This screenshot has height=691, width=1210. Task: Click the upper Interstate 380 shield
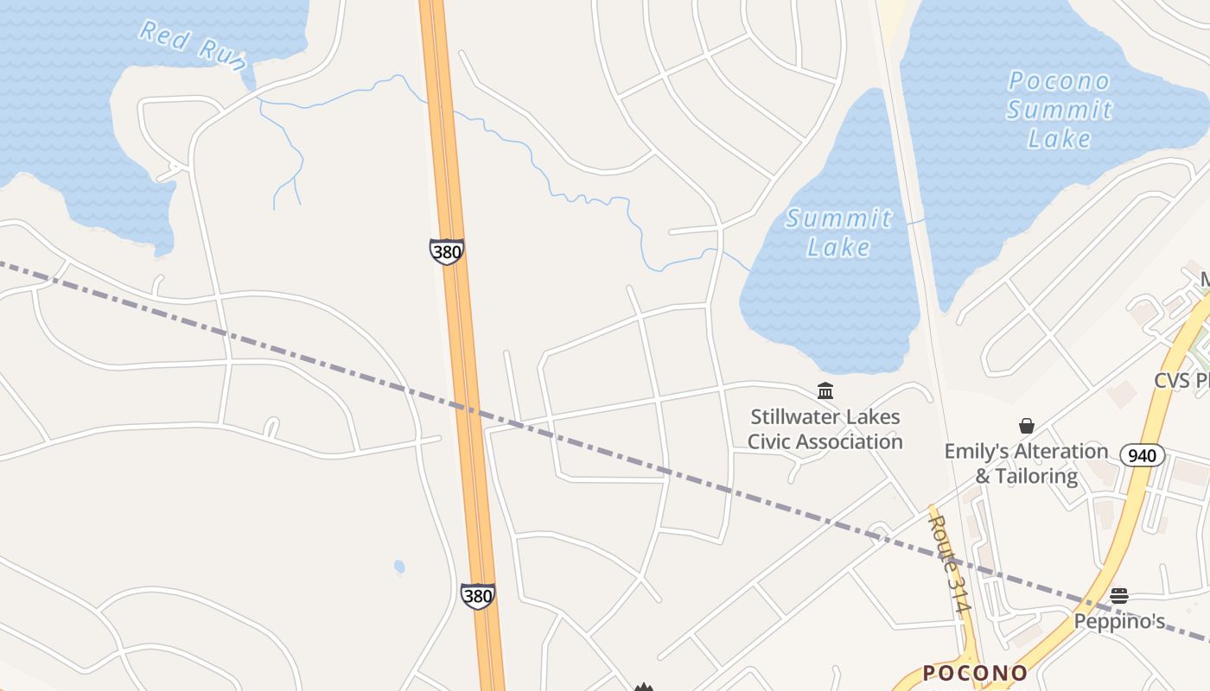tap(446, 251)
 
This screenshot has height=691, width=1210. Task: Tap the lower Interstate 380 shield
tap(477, 595)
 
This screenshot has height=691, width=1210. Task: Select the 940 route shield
tap(1142, 454)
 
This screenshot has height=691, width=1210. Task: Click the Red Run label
tap(193, 45)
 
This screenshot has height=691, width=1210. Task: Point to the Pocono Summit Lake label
tap(1060, 110)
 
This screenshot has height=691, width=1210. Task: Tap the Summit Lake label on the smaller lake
tap(838, 232)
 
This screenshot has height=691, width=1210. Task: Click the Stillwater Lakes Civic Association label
tap(825, 429)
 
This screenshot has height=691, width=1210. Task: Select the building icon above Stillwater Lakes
tap(825, 391)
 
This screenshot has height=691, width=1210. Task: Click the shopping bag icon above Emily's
tap(1027, 426)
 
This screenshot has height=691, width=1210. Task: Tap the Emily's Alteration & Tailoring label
tap(1026, 464)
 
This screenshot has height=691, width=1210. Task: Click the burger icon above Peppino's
tap(1119, 595)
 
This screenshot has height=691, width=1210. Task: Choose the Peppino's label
tap(1119, 622)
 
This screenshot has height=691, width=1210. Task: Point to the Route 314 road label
tap(948, 564)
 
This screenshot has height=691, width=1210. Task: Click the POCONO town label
tap(975, 673)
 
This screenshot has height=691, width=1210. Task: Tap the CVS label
tap(1181, 381)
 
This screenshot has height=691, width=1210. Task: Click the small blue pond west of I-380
tap(399, 567)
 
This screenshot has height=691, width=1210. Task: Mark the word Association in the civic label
tap(850, 442)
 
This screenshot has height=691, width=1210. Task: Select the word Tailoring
tap(1035, 476)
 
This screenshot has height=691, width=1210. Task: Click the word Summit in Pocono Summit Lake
tap(1060, 110)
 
